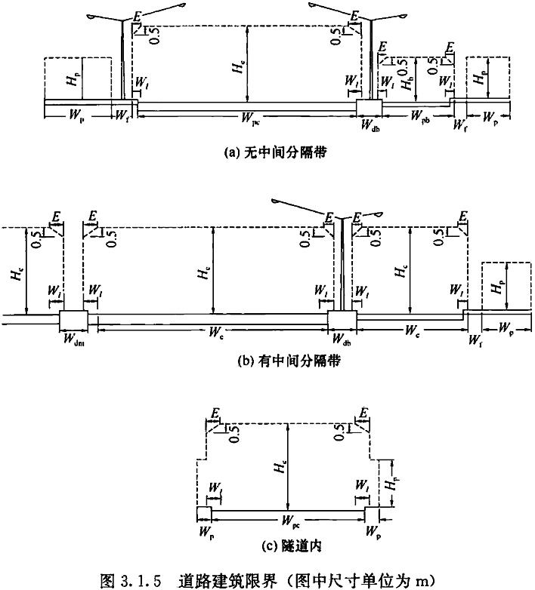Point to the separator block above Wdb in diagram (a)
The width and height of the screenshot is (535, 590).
(369, 107)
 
